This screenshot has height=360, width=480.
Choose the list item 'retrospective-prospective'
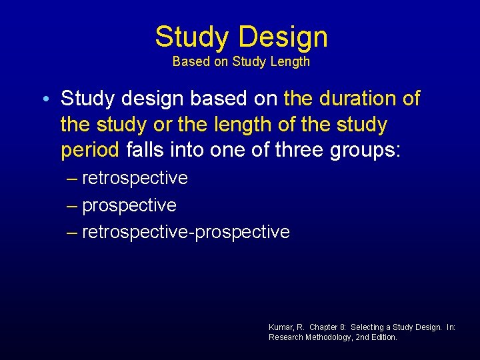pos(185,232)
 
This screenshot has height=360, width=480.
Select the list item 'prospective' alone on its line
pos(129,205)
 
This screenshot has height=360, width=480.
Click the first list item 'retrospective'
pos(135,179)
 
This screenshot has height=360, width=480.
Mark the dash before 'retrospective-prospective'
pos(72,232)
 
